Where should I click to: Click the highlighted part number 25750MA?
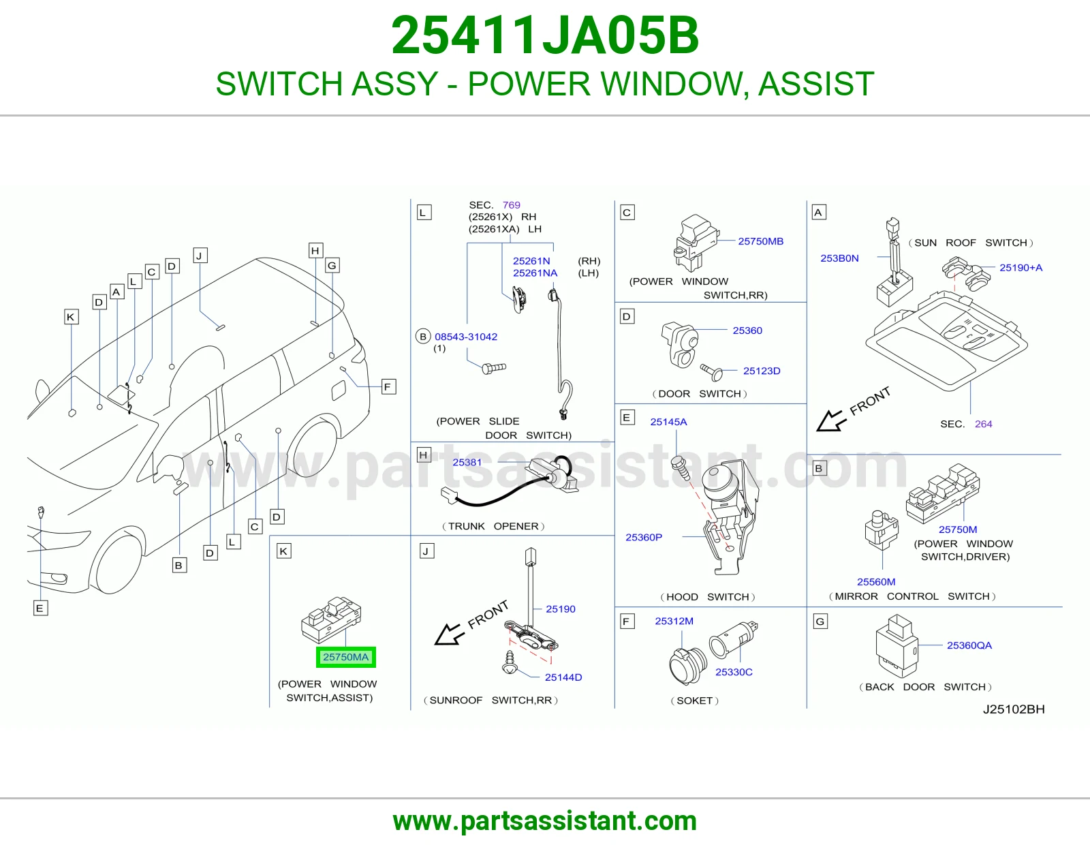[345, 657]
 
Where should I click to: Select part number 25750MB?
[760, 241]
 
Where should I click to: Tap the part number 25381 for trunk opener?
[467, 462]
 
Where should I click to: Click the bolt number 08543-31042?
[466, 337]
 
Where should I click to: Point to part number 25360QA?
[969, 645]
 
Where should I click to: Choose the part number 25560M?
[876, 581]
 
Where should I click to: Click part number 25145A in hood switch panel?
[669, 422]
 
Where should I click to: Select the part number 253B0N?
[839, 258]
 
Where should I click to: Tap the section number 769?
[511, 204]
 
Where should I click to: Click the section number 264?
[983, 424]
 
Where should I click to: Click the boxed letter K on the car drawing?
[71, 317]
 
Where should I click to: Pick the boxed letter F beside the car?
[388, 387]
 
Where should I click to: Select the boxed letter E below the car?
[40, 609]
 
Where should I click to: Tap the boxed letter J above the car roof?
[200, 256]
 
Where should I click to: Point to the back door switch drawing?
[897, 646]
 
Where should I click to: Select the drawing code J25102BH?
[1013, 709]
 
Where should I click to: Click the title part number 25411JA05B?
[545, 35]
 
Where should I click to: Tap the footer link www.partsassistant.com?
[545, 821]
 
